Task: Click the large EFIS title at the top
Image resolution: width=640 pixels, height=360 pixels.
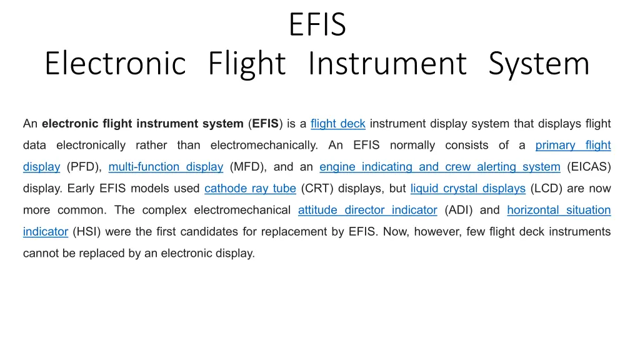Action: tap(317, 24)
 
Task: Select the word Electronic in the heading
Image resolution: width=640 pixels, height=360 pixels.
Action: tap(116, 63)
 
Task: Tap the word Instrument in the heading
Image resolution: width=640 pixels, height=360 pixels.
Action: tap(387, 63)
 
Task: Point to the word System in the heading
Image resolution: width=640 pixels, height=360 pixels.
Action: tap(539, 64)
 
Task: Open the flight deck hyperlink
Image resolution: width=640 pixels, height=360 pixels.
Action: tap(338, 124)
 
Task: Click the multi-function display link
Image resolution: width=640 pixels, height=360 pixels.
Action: tap(166, 167)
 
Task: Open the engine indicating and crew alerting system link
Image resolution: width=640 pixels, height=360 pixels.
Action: tap(440, 167)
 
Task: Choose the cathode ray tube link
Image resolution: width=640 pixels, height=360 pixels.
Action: tap(250, 189)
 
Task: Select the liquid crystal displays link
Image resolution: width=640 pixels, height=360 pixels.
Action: tap(467, 189)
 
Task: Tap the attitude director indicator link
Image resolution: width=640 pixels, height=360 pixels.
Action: tap(367, 210)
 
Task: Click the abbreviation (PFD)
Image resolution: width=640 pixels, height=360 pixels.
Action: tap(84, 167)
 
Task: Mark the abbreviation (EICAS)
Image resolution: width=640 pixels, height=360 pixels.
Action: tap(589, 167)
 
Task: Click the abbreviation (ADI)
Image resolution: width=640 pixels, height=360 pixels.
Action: tap(459, 210)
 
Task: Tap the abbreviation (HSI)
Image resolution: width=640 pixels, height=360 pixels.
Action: tap(86, 232)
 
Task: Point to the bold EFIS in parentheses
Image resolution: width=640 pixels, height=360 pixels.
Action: tap(265, 124)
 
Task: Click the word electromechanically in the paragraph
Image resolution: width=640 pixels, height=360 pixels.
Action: tap(264, 145)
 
